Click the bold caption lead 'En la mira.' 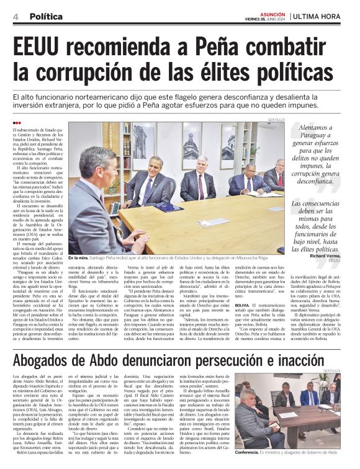pyautogui.click(x=79, y=257)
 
